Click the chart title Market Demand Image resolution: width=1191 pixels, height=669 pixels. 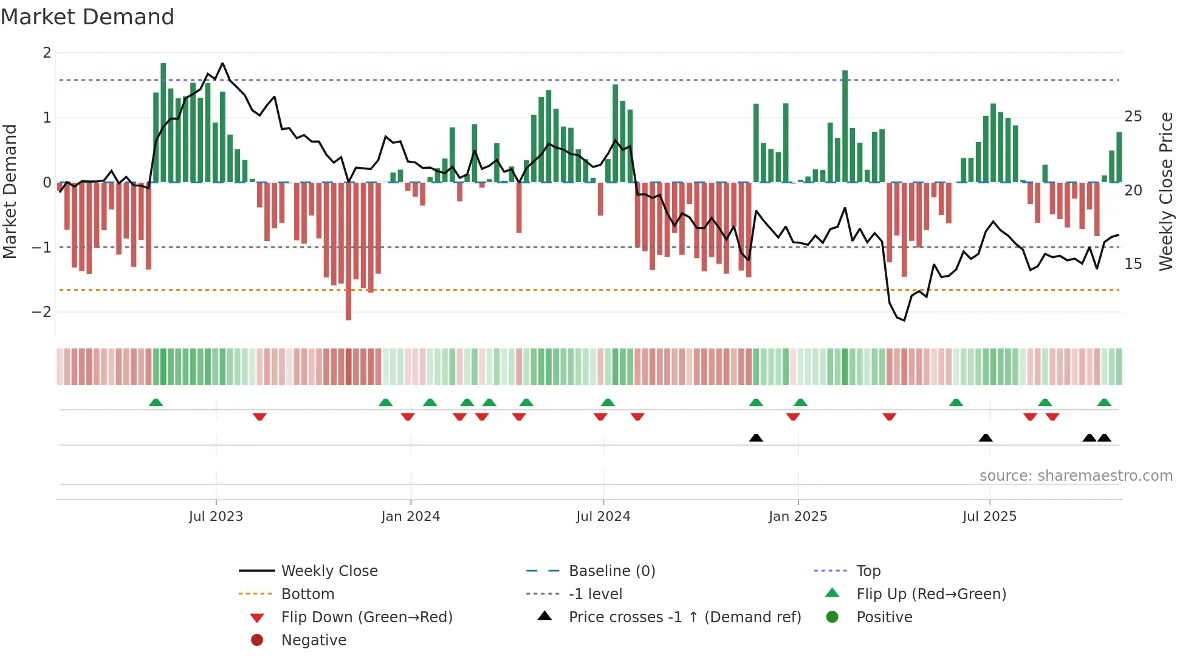click(x=87, y=17)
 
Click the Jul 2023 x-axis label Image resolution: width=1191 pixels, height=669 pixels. click(x=216, y=517)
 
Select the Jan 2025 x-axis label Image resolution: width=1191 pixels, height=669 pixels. click(x=797, y=517)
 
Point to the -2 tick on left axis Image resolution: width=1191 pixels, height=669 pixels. click(x=41, y=312)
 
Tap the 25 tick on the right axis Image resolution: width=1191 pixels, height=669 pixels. click(x=1133, y=117)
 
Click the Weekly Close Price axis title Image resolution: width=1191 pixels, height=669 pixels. click(x=1165, y=191)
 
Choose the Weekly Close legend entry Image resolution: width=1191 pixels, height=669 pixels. click(x=329, y=571)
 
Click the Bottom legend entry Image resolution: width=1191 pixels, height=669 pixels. click(x=307, y=594)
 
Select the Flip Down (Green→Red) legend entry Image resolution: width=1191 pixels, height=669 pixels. click(x=366, y=617)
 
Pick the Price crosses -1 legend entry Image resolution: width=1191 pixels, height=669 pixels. click(x=684, y=617)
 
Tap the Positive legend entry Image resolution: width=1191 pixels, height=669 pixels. click(x=884, y=617)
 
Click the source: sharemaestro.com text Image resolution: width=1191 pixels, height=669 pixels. click(x=1076, y=476)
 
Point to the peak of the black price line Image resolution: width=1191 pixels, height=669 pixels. click(x=222, y=63)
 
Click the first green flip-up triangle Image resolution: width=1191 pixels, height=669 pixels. click(x=156, y=402)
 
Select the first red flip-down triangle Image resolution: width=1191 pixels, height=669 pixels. click(x=259, y=416)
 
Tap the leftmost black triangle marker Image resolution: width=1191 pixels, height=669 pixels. click(x=756, y=438)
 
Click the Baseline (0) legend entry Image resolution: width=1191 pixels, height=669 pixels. click(x=611, y=571)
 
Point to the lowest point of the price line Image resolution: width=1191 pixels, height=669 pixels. click(x=904, y=320)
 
